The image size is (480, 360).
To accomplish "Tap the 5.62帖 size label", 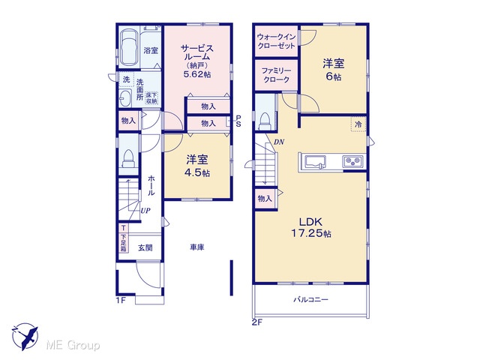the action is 197,74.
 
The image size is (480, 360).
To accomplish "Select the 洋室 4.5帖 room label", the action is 197,166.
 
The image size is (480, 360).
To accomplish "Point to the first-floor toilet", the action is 128,158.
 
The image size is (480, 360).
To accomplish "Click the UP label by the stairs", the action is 145,211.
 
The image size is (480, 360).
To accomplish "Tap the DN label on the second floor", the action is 279,142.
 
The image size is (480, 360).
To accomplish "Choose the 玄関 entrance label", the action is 145,247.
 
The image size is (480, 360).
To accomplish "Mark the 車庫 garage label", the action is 196,247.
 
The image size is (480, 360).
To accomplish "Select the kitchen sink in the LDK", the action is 315,161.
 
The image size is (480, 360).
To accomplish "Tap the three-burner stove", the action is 353,161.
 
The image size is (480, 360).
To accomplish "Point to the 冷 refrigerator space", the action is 358,124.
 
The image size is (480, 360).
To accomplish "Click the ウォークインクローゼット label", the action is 276,41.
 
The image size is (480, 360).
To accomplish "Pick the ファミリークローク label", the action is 276,75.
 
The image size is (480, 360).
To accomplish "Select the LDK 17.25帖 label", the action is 310,227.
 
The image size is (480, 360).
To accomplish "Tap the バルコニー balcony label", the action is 310,299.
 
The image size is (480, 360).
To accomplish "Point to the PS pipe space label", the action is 238,121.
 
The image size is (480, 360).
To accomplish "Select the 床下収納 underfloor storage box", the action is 151,98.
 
